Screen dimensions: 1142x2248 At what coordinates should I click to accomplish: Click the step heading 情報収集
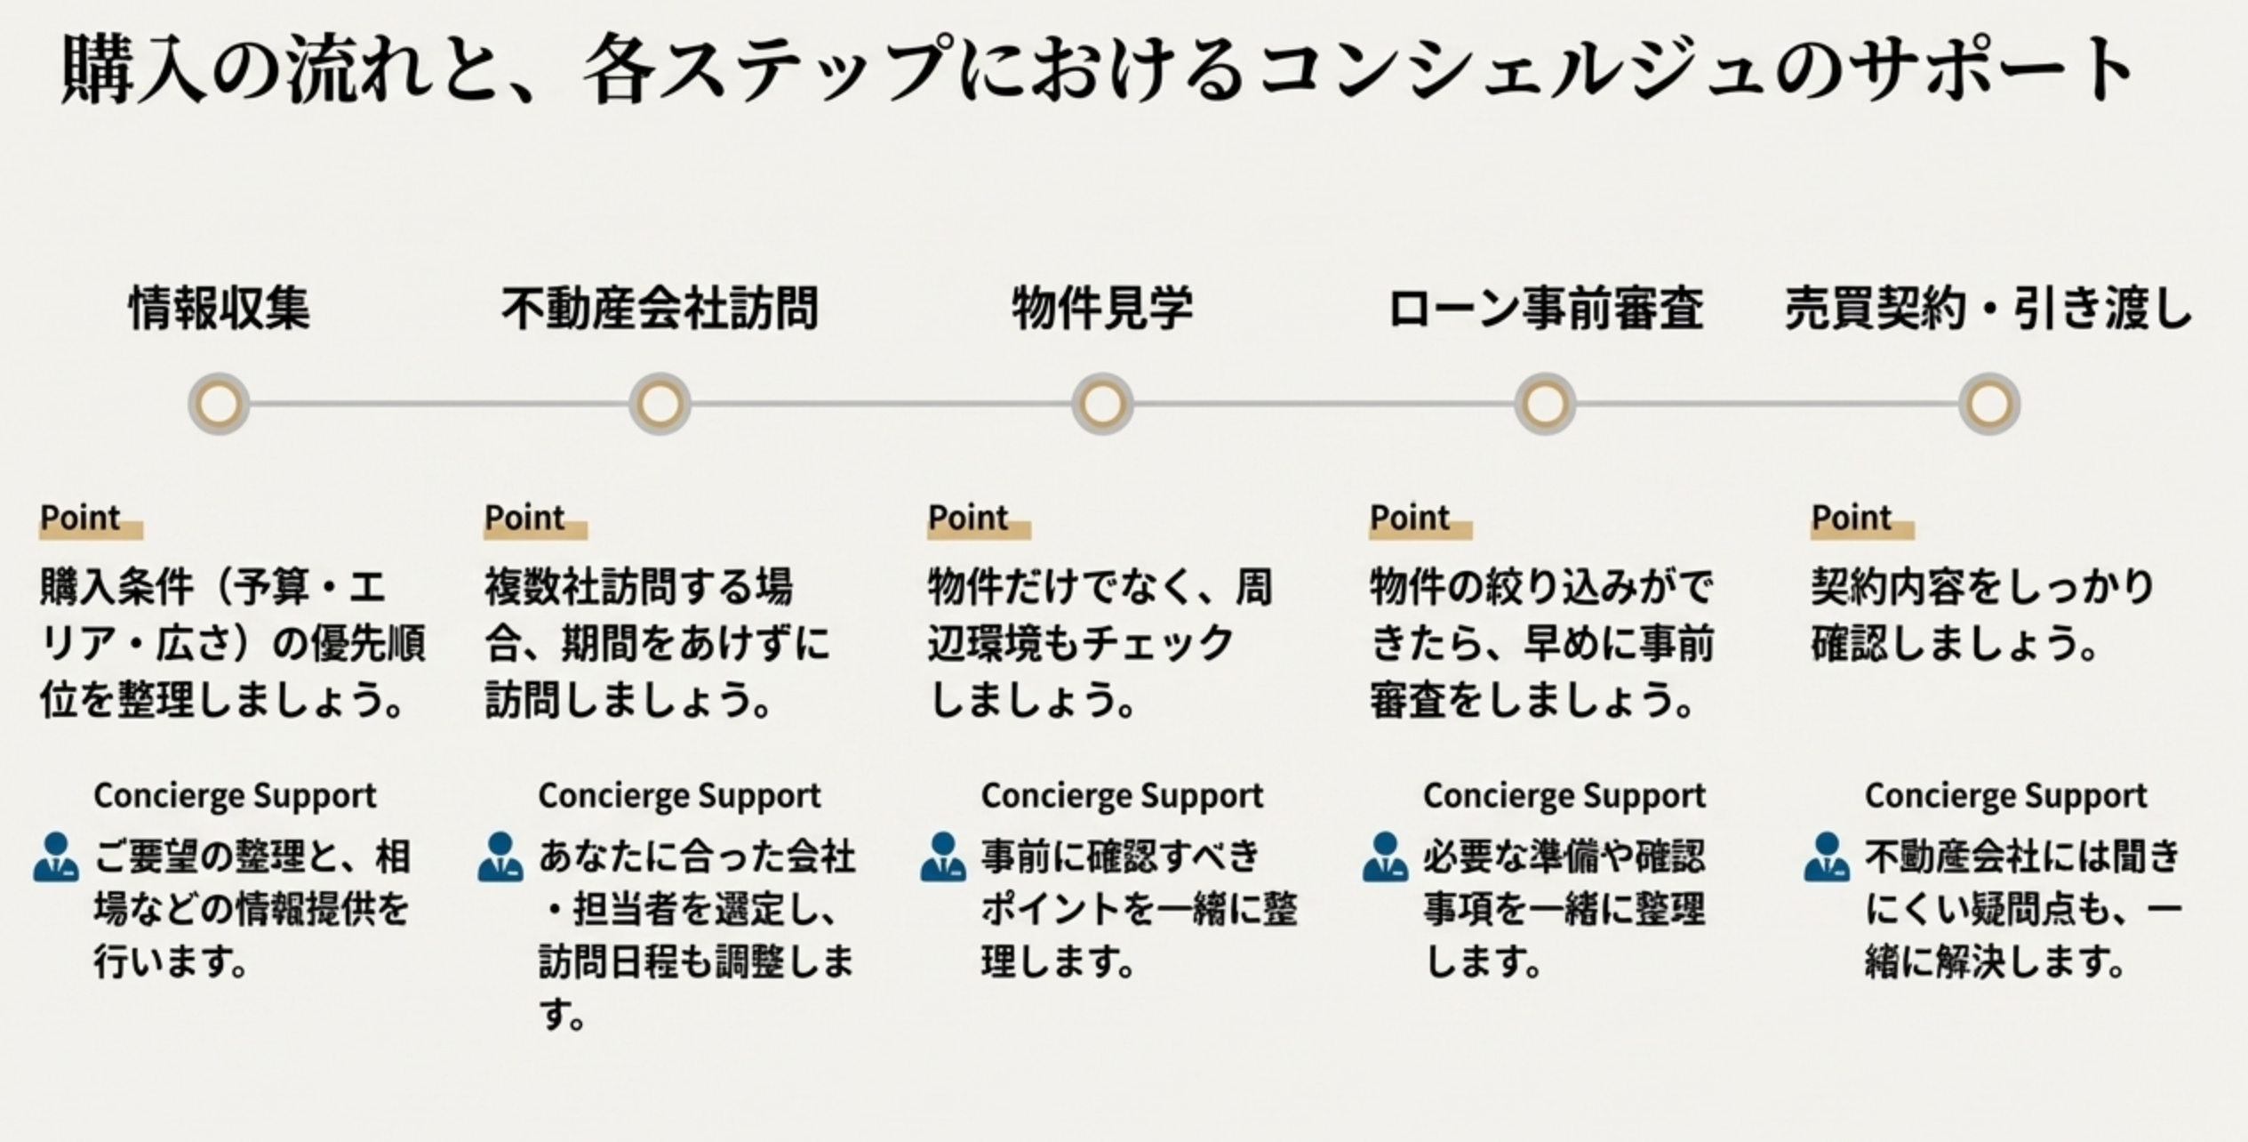pyautogui.click(x=220, y=309)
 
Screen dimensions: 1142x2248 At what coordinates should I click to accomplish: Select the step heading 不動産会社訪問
pyautogui.click(x=660, y=309)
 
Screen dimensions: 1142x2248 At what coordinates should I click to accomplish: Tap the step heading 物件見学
pyautogui.click(x=1102, y=309)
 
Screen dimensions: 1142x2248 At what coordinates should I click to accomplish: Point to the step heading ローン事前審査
pyautogui.click(x=1545, y=309)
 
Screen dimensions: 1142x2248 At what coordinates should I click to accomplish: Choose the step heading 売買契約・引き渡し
pyautogui.click(x=1988, y=309)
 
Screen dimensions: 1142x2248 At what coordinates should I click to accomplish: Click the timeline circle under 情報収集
pyautogui.click(x=219, y=404)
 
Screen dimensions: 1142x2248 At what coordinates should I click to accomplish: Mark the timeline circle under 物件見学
pyautogui.click(x=1102, y=404)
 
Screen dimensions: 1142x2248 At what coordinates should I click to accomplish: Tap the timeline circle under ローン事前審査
pyautogui.click(x=1545, y=404)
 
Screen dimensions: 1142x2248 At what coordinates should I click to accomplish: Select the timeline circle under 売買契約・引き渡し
pyautogui.click(x=1989, y=404)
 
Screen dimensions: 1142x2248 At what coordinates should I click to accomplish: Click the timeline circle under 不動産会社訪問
pyautogui.click(x=660, y=404)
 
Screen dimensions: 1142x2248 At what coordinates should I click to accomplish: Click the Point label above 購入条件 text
pyautogui.click(x=81, y=518)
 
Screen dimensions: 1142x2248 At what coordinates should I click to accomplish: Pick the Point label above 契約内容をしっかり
pyautogui.click(x=1852, y=518)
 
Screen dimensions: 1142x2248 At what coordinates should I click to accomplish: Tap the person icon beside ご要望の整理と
pyautogui.click(x=56, y=857)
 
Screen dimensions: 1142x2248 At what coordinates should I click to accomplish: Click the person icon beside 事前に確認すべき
pyautogui.click(x=943, y=857)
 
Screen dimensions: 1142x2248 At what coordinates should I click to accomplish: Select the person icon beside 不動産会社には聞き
pyautogui.click(x=1827, y=857)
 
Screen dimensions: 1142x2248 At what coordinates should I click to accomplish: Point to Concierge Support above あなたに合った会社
pyautogui.click(x=679, y=795)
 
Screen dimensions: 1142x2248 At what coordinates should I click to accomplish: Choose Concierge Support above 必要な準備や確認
pyautogui.click(x=1564, y=795)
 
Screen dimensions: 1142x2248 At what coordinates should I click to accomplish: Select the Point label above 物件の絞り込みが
pyautogui.click(x=1411, y=518)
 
